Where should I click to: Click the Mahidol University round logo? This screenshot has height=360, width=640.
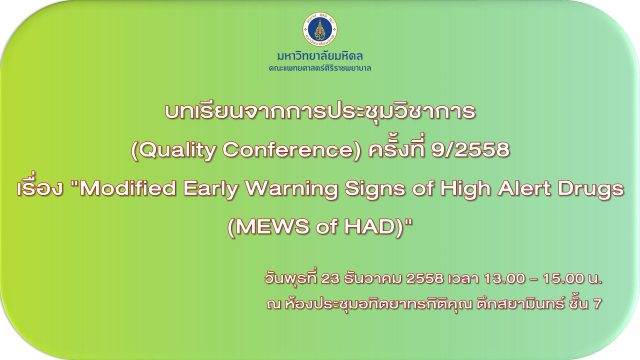click(320, 29)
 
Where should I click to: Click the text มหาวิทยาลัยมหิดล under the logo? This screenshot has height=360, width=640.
click(320, 56)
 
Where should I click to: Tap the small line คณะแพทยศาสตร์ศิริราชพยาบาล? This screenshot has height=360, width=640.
click(320, 68)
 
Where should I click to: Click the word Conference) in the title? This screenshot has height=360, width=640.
click(292, 150)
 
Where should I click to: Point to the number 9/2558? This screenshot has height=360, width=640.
click(471, 150)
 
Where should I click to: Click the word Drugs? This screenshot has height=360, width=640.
click(591, 189)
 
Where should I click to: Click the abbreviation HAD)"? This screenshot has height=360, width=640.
click(379, 227)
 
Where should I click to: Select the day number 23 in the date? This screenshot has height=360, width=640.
click(330, 279)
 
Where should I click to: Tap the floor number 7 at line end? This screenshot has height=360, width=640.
click(598, 304)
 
